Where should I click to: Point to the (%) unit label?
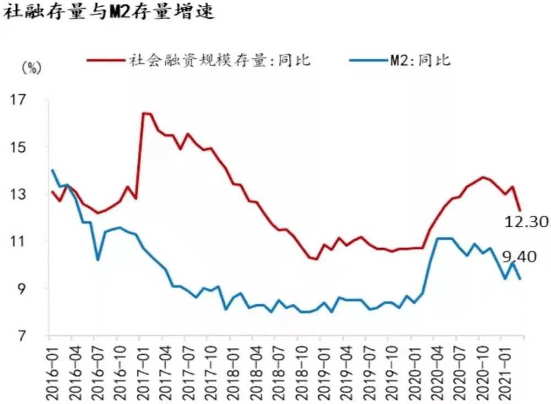31,68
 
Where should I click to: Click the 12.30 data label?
526,222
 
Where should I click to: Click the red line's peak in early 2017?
144,113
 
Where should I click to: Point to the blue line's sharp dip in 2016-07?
98,260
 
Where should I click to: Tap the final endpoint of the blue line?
520,279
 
